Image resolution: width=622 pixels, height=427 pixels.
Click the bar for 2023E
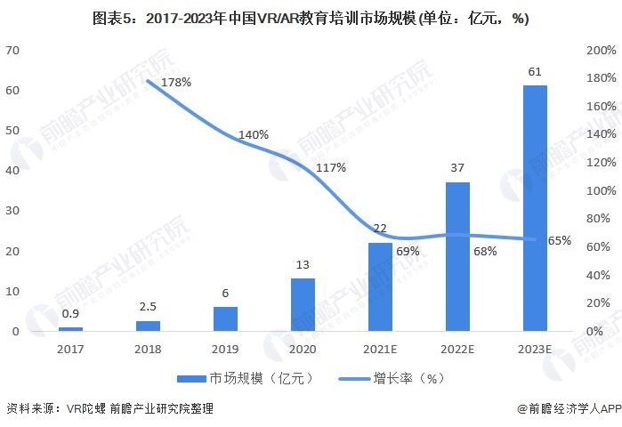[535, 208]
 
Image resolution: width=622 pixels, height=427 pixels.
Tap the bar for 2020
[303, 304]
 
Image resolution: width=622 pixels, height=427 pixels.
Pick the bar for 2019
[225, 318]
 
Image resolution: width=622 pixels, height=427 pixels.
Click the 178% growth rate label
[176, 82]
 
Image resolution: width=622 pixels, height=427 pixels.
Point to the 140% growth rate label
[254, 134]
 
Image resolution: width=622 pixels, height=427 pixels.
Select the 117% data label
[331, 167]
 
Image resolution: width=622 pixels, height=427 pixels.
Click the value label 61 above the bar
[535, 71]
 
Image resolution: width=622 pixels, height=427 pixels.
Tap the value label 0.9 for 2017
[71, 313]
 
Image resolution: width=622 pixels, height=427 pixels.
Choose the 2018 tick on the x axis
[148, 350]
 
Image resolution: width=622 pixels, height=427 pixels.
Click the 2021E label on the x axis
[380, 350]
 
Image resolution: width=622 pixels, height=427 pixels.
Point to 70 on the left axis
[12, 51]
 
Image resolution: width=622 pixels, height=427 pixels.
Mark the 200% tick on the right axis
[601, 51]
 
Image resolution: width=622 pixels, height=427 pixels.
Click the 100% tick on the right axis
[601, 190]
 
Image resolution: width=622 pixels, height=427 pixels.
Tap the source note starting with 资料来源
[109, 408]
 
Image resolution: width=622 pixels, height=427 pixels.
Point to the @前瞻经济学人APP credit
[568, 408]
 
